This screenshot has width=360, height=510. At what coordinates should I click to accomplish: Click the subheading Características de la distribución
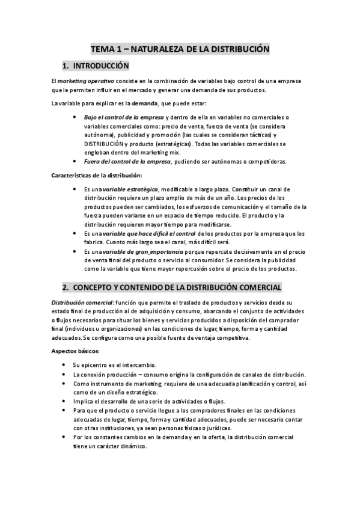coord(96,175)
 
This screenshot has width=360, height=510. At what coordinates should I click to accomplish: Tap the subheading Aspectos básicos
coord(75,351)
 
